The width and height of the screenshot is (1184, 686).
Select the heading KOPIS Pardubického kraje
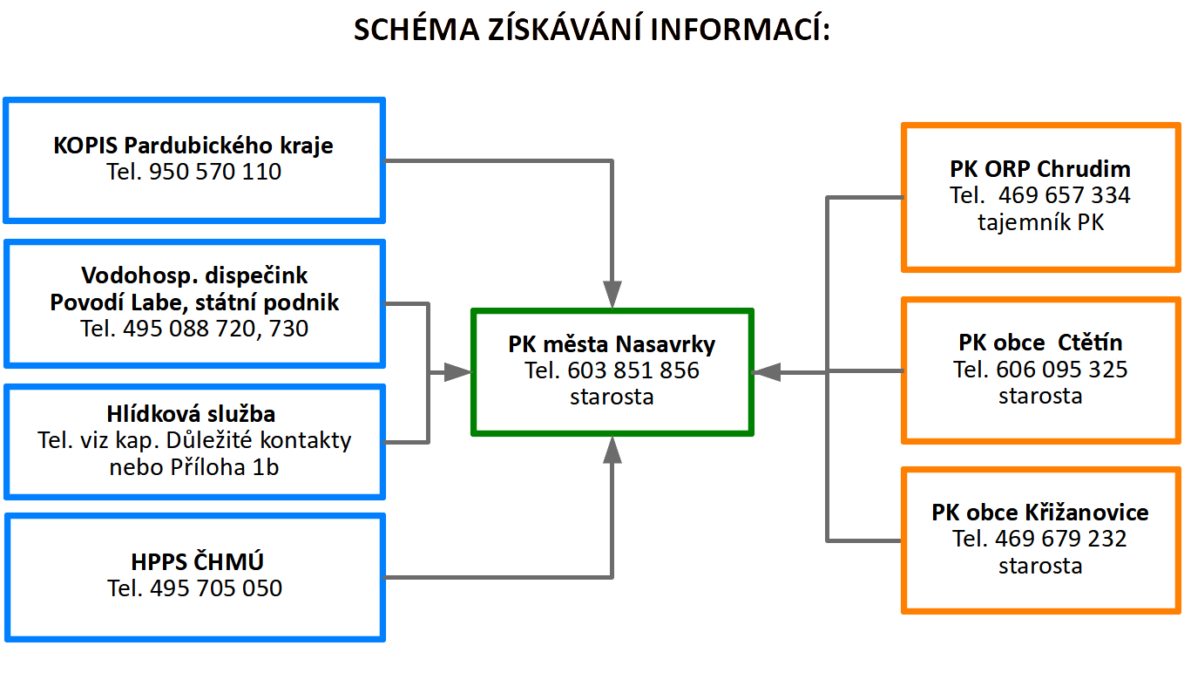pos(193,146)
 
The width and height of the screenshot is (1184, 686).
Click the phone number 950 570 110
pos(215,172)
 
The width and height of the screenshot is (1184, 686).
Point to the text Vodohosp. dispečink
pos(194,275)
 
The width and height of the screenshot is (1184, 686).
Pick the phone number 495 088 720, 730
pos(216,329)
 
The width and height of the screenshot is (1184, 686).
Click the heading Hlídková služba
pos(192,414)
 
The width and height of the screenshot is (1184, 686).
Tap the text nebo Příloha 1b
pos(194,467)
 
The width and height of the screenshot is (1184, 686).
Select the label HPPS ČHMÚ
pos(197,561)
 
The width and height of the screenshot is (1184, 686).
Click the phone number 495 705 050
pos(216,588)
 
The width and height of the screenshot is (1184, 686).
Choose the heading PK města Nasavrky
pos(612,345)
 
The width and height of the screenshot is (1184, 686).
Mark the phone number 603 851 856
pos(633,370)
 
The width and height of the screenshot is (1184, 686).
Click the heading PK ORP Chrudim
pos(1040,169)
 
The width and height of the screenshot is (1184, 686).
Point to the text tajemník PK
pos(1041,222)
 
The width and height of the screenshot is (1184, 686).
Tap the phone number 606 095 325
pos(1062,370)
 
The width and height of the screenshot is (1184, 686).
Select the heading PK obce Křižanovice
pos(1040,513)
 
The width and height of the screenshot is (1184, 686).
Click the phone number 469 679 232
pos(1061,539)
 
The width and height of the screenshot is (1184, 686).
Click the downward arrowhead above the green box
pos(612,294)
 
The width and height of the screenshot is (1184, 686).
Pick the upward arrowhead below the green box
pos(612,450)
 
